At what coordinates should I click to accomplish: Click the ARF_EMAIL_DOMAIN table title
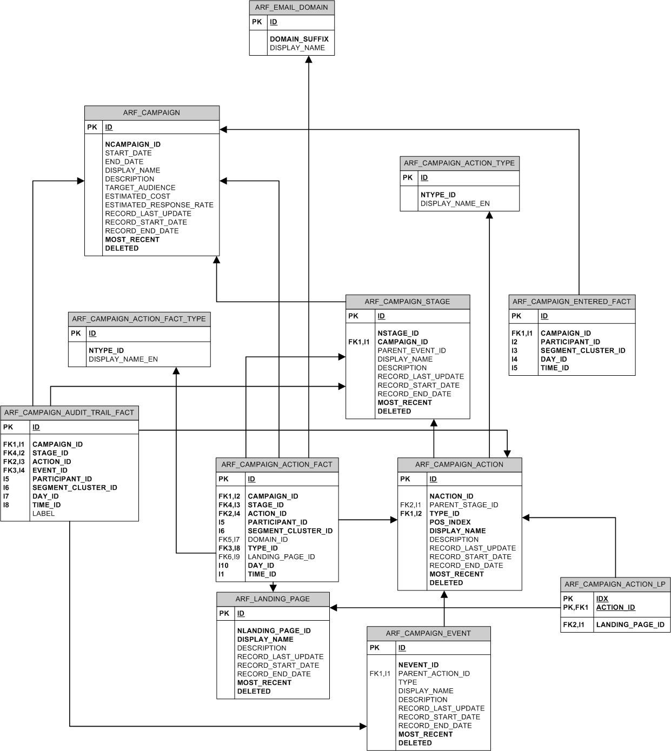tap(291, 8)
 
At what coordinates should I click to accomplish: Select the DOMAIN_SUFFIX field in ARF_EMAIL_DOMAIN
tap(299, 39)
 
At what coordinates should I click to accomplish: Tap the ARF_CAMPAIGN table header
tap(151, 112)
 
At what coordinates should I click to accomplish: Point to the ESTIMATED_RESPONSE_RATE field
tap(160, 205)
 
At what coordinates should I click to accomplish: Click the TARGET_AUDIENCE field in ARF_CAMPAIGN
tap(140, 188)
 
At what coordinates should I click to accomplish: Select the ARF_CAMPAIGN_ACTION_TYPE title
tap(460, 163)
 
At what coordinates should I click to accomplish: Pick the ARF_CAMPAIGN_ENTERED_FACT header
tap(572, 302)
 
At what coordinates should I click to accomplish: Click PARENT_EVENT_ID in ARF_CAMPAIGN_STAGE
tap(411, 351)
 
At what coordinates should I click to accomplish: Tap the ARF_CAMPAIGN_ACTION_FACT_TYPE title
tap(139, 319)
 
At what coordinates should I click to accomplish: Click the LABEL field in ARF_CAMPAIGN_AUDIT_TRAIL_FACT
tap(43, 514)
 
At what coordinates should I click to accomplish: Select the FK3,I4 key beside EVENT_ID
tap(14, 470)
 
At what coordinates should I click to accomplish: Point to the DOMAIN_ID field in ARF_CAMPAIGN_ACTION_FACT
tap(268, 540)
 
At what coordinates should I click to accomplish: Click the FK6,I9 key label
tap(229, 557)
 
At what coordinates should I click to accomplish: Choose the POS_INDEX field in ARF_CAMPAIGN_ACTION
tap(450, 522)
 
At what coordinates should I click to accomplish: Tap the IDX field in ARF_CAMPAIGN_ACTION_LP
tap(602, 599)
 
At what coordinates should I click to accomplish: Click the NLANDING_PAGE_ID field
tap(274, 630)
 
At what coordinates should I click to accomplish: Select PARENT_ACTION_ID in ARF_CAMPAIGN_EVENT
tap(434, 674)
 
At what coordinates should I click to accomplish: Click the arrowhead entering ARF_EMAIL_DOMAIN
tap(309, 59)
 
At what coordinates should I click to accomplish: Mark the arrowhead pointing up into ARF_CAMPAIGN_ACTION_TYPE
tap(489, 215)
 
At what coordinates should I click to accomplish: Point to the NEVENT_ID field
tap(418, 665)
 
